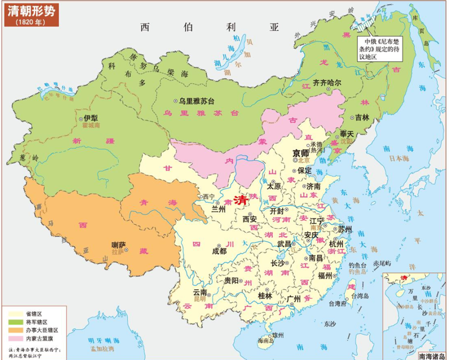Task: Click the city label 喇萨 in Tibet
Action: pyautogui.click(x=119, y=245)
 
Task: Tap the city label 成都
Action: pyautogui.click(x=219, y=251)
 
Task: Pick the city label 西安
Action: pyautogui.click(x=251, y=220)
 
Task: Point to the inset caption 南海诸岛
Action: pyautogui.click(x=431, y=355)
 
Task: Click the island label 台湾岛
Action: pyautogui.click(x=359, y=296)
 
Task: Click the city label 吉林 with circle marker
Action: pyautogui.click(x=362, y=118)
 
